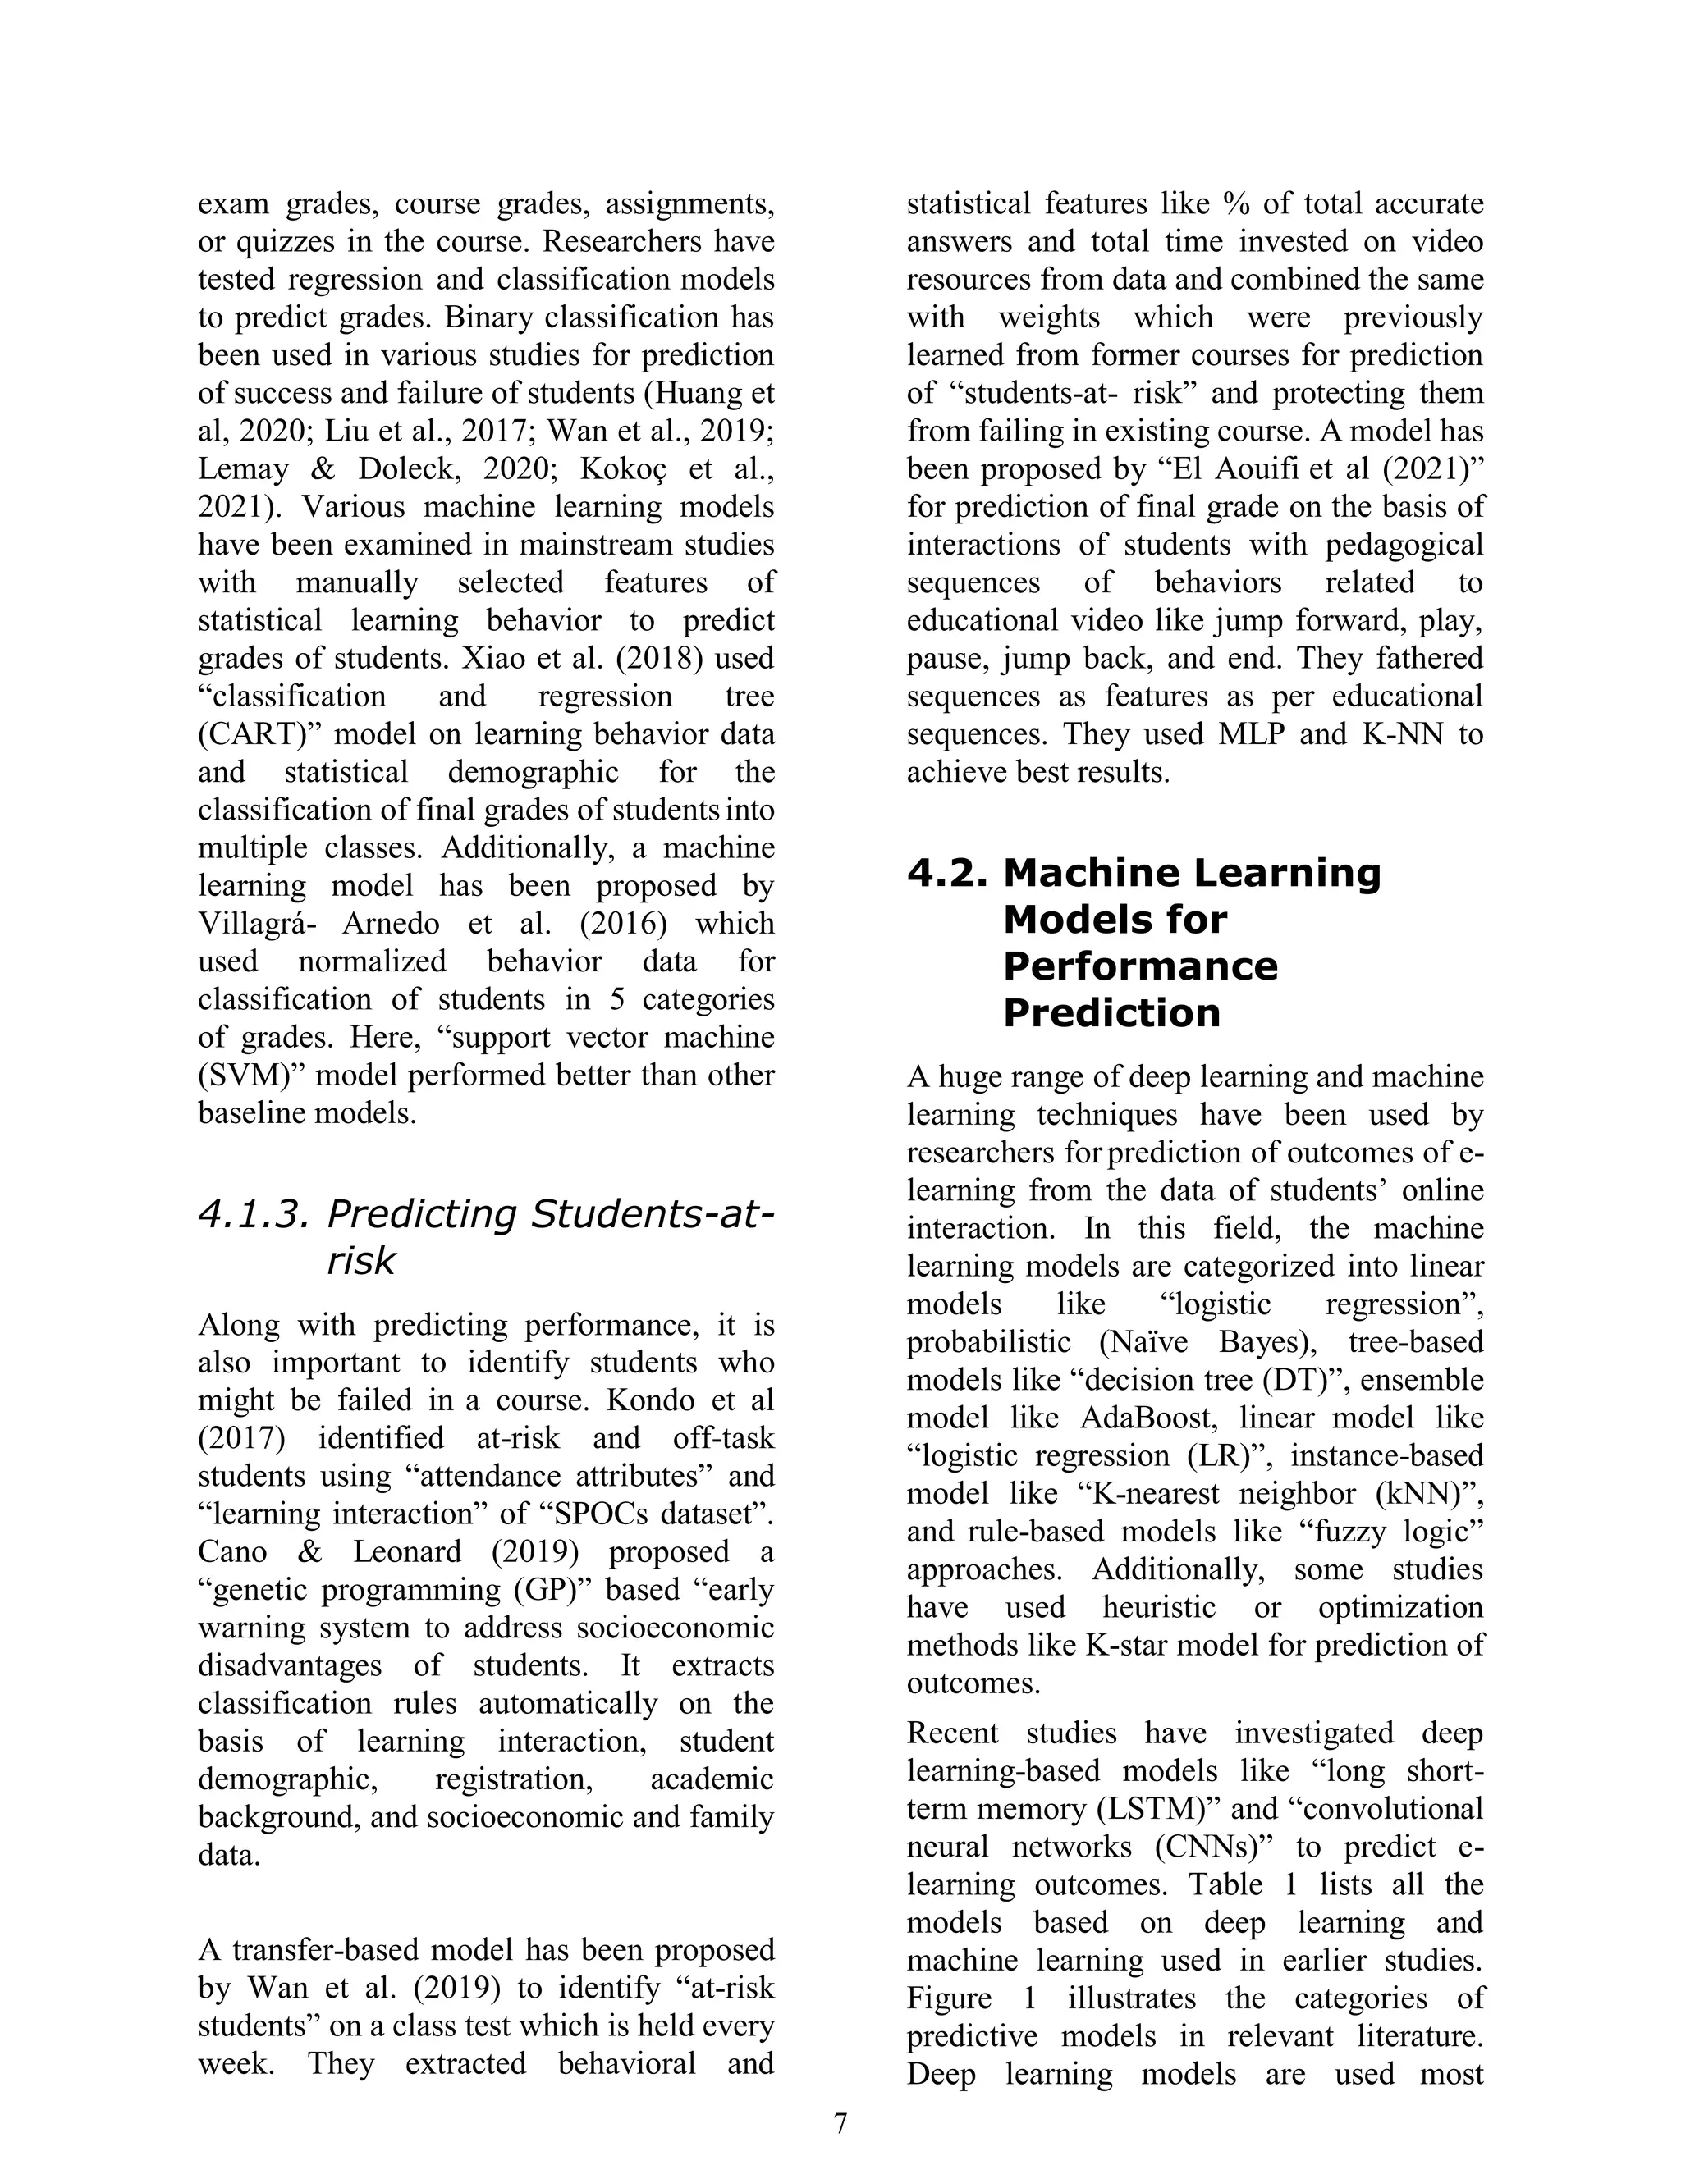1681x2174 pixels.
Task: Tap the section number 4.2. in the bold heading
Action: coord(947,873)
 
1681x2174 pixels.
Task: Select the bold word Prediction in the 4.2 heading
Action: coord(1111,1013)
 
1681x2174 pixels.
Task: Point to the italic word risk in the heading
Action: coord(360,1260)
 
